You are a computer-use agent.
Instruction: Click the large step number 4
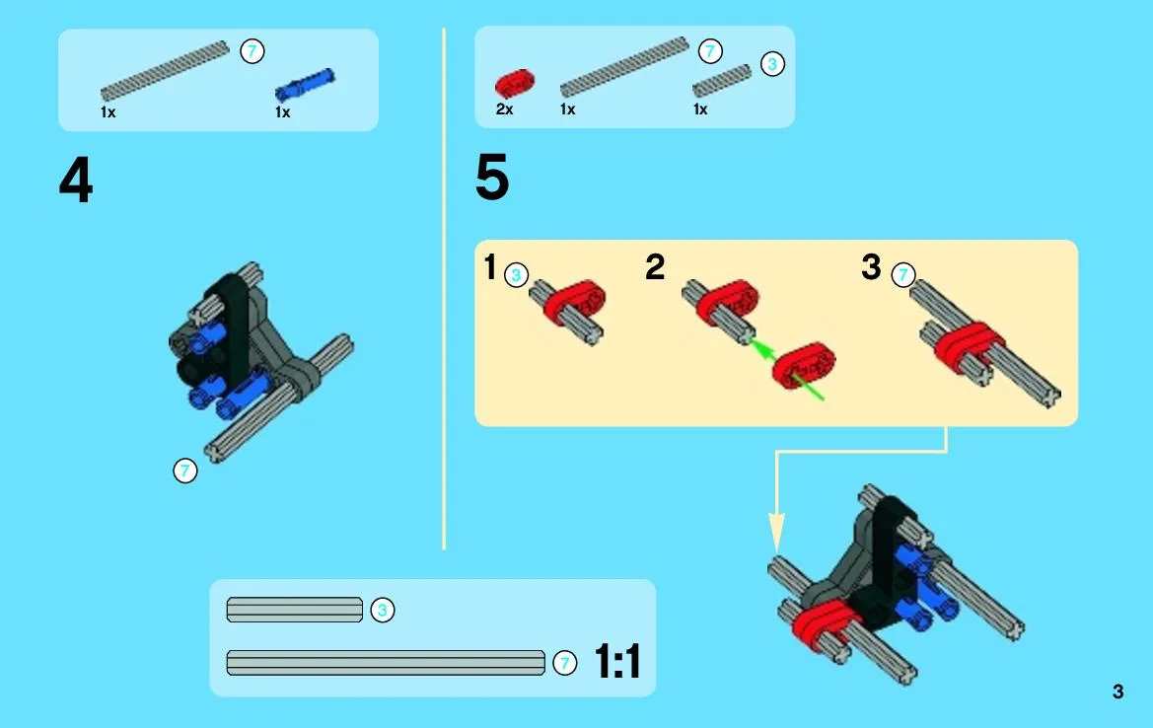coord(76,181)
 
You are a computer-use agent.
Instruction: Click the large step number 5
coord(492,178)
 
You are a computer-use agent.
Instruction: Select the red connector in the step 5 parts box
coord(514,84)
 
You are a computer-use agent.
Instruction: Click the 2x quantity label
coord(504,109)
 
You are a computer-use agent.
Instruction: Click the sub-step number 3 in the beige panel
coord(871,267)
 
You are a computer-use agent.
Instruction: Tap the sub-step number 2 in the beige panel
coord(655,267)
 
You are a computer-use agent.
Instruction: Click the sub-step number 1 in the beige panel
coord(490,267)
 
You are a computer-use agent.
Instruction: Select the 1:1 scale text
coord(617,661)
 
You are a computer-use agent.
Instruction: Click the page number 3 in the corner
coord(1117,692)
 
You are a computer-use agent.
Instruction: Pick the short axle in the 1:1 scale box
coord(295,610)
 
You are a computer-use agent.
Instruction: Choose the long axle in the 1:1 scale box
coord(386,663)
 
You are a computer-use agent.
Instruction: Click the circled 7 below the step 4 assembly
coord(185,471)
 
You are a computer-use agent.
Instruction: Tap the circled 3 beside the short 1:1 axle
coord(383,610)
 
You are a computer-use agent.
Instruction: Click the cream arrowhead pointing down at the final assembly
coord(776,532)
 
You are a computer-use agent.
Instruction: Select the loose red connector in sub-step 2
coord(804,365)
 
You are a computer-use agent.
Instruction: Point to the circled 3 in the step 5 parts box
coord(772,64)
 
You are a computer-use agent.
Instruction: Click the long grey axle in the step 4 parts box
coord(165,71)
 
